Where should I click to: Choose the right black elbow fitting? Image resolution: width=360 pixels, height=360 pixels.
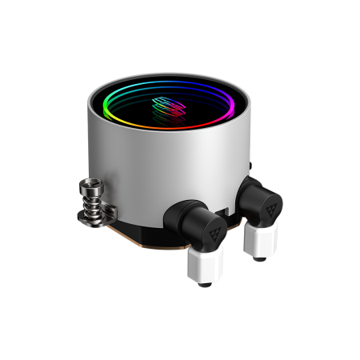coord(259,198)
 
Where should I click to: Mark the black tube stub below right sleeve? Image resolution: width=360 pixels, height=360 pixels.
coord(260,258)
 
